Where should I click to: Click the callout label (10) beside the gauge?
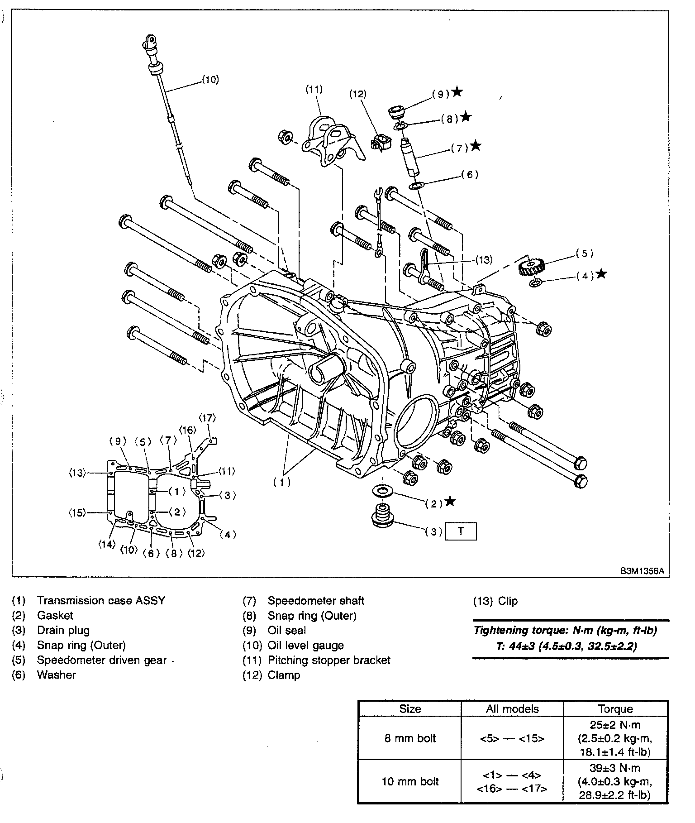point(210,80)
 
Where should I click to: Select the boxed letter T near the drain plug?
point(461,531)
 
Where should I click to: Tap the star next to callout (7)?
point(476,146)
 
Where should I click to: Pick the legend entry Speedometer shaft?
point(315,601)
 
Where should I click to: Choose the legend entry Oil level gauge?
point(305,645)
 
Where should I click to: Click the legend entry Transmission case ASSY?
point(101,600)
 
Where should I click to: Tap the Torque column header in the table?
point(615,708)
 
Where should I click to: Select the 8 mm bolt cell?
point(410,738)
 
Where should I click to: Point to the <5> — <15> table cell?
point(512,738)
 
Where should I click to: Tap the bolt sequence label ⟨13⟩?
point(78,473)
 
